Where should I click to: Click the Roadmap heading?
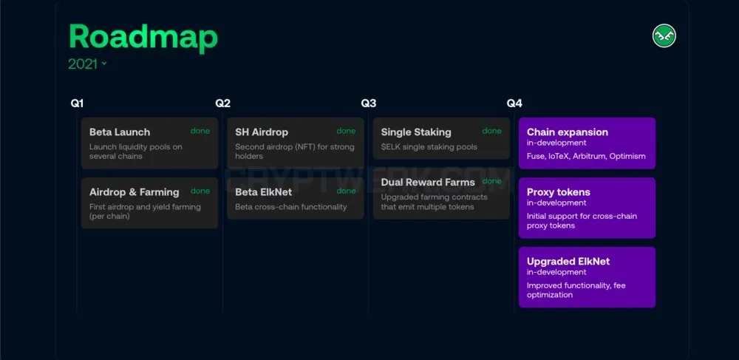coord(143,37)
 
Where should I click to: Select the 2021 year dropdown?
coord(88,64)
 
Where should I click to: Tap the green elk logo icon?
coord(664,35)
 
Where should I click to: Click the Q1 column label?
coord(77,103)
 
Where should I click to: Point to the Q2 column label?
coord(223,103)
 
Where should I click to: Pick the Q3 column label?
coord(369,103)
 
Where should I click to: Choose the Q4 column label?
coord(514,103)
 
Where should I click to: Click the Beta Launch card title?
coord(120,132)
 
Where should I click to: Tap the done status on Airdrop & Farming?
coord(200,191)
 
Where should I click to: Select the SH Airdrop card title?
coord(262,132)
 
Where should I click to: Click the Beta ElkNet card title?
coord(264,192)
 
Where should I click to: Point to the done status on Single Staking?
coord(492,131)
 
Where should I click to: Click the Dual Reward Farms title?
coord(428,183)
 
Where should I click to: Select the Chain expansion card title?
coord(568,132)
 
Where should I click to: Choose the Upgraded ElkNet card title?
coord(568,262)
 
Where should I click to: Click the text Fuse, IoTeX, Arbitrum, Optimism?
coord(586,156)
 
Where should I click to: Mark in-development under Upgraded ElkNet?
coord(556,272)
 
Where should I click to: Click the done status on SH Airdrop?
coord(346,131)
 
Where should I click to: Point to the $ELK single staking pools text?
coord(429,147)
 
